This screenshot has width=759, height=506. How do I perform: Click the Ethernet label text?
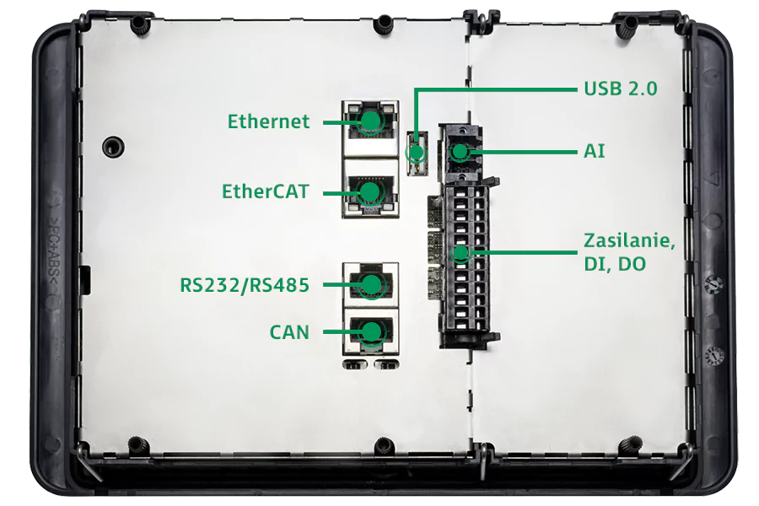(x=268, y=121)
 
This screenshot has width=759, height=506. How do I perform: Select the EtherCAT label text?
(x=266, y=191)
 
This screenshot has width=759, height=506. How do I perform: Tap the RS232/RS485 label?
(x=245, y=285)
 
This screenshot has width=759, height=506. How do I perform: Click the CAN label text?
(x=289, y=332)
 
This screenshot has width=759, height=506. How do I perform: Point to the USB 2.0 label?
(x=620, y=89)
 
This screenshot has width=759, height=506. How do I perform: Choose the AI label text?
(x=594, y=152)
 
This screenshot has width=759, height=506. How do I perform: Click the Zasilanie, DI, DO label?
(x=629, y=252)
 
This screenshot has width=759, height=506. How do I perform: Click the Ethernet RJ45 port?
(x=370, y=122)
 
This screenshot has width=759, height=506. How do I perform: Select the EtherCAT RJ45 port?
(x=370, y=192)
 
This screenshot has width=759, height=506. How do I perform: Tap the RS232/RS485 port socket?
(x=370, y=285)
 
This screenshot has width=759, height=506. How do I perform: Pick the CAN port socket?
(x=370, y=332)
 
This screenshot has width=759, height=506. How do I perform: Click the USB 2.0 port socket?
(x=416, y=152)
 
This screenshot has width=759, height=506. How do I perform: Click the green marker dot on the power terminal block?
(x=460, y=252)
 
